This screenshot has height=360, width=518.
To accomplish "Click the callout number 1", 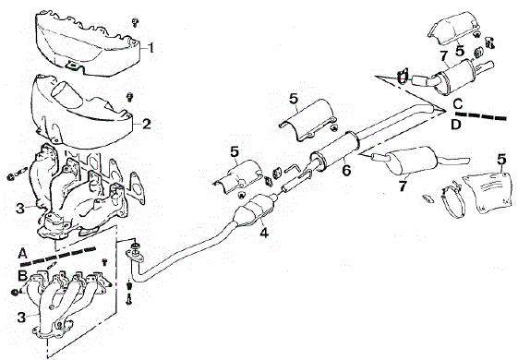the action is pos(151,48).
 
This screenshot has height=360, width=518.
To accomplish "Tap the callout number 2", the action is pos(146,125).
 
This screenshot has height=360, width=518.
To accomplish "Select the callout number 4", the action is pos(264,233).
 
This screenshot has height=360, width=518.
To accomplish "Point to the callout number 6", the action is pos(346,171).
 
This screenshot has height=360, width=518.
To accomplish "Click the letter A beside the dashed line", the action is pos(22,254).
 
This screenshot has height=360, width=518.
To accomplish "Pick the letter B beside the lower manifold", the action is pos(22,275).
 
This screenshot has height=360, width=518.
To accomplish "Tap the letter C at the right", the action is pos(458,104).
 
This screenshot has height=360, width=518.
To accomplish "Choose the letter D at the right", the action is pos(456,125).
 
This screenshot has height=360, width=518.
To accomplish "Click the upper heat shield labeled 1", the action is pos(88,43).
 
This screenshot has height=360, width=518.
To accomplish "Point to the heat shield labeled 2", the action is pos(81,113).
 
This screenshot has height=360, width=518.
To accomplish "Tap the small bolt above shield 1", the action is pos(135,22).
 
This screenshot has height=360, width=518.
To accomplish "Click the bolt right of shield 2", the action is pos(130,96).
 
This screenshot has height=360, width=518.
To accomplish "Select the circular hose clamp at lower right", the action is pos(453,201).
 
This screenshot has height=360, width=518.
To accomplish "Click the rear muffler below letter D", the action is pos(411,161).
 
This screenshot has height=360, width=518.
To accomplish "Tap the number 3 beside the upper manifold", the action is pos(20,209).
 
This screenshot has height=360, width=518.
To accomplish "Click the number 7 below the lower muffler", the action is pos(402,186).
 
